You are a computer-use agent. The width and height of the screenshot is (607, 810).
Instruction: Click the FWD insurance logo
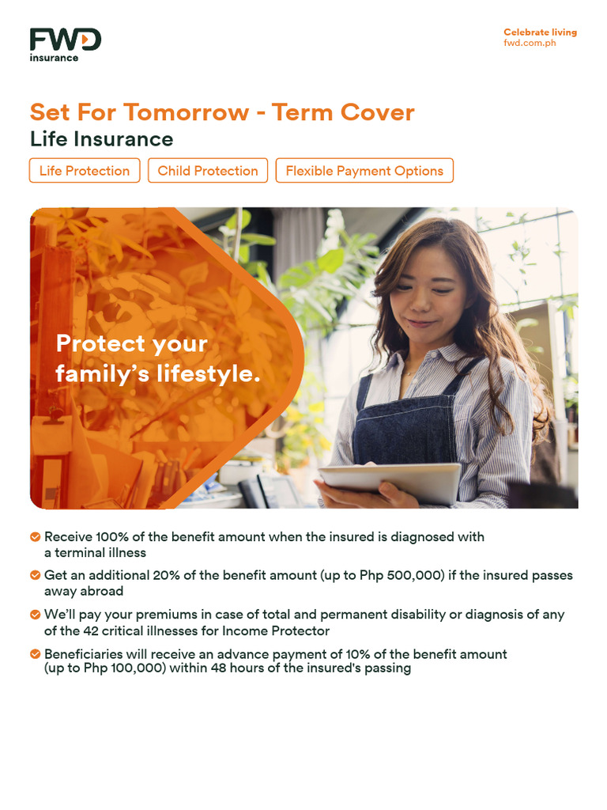[x=65, y=44]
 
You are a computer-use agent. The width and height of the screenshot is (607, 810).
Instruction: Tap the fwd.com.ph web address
[x=530, y=43]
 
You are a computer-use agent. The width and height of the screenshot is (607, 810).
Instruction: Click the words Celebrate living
[x=540, y=32]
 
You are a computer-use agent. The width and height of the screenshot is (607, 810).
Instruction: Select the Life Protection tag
[x=85, y=171]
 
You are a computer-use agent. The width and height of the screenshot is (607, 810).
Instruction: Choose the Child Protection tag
[x=208, y=171]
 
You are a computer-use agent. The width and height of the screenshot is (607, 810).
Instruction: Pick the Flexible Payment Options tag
[x=364, y=171]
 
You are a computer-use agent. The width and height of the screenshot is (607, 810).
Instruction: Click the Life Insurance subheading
[x=101, y=139]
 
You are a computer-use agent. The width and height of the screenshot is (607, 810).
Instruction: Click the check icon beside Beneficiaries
[x=36, y=654]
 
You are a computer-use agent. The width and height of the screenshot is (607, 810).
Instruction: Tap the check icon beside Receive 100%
[x=36, y=537]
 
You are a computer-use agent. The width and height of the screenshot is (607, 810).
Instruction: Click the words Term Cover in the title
[x=343, y=112]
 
